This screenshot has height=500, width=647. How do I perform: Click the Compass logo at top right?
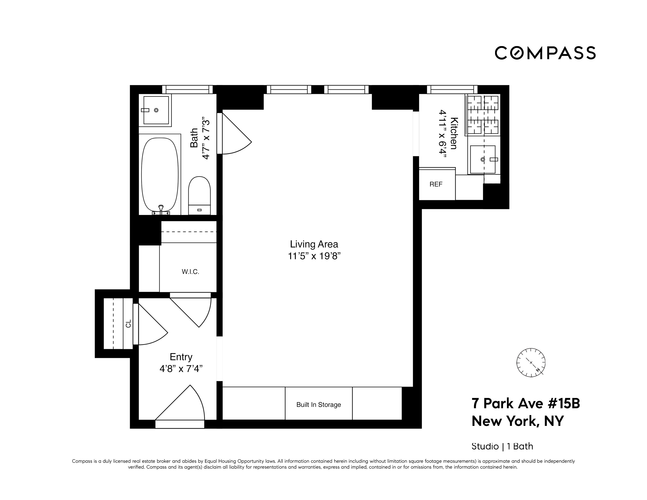(x=545, y=53)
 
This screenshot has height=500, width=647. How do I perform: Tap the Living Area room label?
(x=314, y=244)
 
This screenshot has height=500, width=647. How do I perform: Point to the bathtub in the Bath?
(x=160, y=175)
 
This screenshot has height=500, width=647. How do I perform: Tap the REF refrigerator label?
(x=436, y=184)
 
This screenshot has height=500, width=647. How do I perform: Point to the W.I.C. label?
(x=190, y=272)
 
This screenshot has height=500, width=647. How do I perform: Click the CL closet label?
(x=128, y=324)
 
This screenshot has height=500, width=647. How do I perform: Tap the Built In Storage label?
(x=318, y=405)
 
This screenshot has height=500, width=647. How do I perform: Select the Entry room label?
(x=181, y=357)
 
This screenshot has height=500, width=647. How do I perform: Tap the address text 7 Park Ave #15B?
(x=525, y=404)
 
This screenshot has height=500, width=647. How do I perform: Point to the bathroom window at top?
(x=187, y=89)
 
